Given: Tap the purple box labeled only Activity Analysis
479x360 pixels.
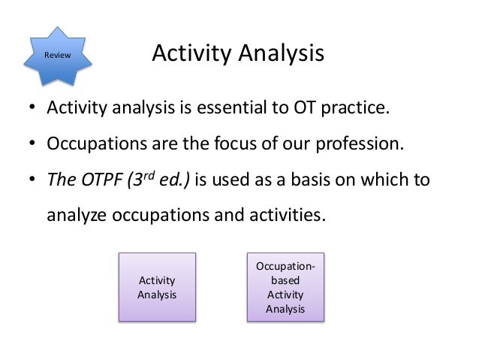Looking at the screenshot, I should pyautogui.click(x=157, y=287).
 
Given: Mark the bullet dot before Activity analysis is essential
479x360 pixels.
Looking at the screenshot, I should pyautogui.click(x=33, y=107).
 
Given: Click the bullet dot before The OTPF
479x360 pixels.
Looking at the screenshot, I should pyautogui.click(x=33, y=180).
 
